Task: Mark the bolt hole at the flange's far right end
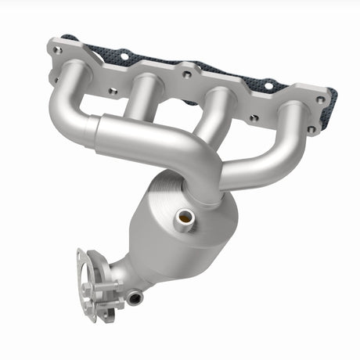[320, 99]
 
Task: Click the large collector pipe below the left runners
[157, 141]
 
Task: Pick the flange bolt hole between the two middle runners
[187, 74]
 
